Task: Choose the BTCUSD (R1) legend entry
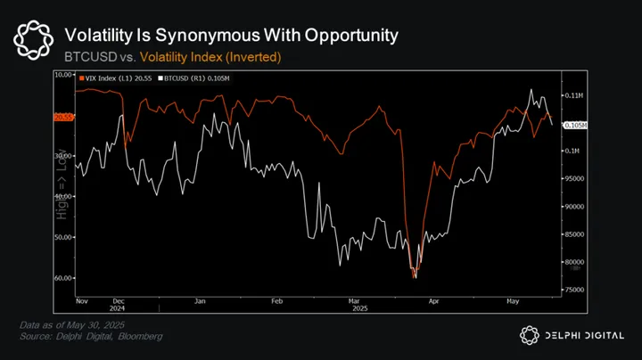coord(191,79)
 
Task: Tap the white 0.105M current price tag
coord(575,127)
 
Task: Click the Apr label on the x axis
coord(433,302)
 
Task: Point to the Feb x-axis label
coord(276,302)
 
